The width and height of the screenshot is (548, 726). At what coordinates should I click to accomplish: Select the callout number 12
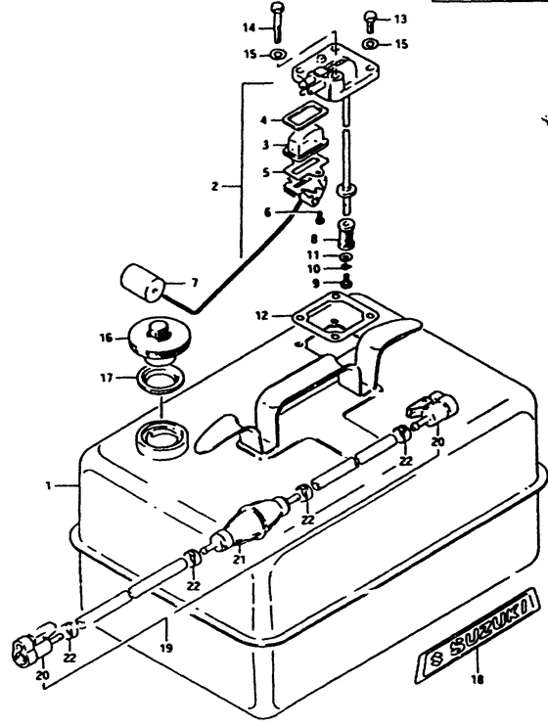[x=260, y=315]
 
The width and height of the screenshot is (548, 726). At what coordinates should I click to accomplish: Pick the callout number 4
[x=261, y=121]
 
